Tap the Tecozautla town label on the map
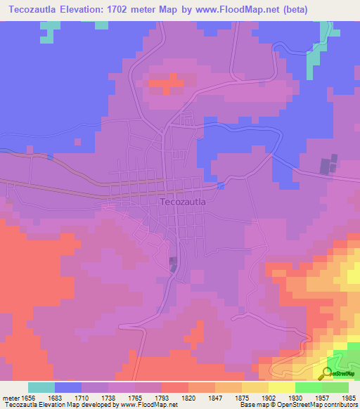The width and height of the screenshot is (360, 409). pos(183,202)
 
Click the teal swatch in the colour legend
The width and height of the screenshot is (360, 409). pos(41,387)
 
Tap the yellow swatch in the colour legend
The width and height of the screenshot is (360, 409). pos(255,387)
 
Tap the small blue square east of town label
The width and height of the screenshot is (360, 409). pos(221,186)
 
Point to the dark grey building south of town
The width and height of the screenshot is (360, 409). pos(173,264)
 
